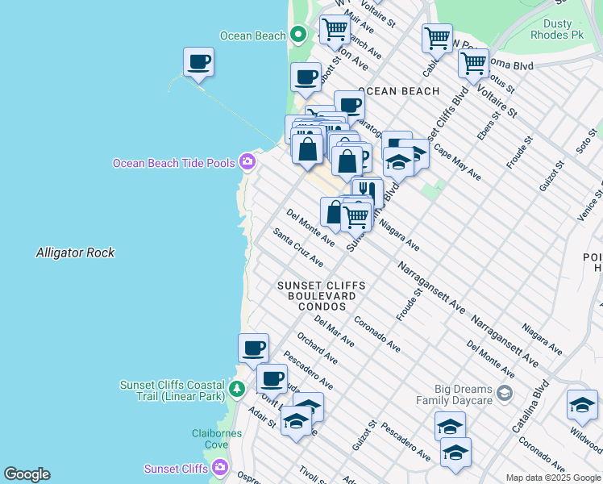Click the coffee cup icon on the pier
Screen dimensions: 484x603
[x=198, y=62]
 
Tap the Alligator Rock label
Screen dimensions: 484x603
[x=75, y=252]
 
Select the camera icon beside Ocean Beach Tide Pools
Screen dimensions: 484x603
[x=247, y=162]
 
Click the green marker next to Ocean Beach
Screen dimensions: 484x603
[x=297, y=35]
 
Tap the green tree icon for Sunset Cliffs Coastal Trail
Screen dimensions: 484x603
[x=236, y=390]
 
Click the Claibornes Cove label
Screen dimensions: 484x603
[x=217, y=439]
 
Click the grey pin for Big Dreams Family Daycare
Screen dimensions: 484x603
[x=505, y=394]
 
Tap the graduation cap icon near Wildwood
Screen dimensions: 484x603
[x=582, y=405]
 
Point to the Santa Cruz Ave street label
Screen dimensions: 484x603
[x=298, y=248]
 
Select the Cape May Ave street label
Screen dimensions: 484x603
[x=457, y=161]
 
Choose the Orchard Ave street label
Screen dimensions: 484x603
[x=317, y=348]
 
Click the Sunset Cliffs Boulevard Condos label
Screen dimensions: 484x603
[x=321, y=296]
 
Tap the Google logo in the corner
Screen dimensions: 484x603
[x=27, y=474]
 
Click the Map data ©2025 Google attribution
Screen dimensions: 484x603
[x=552, y=478]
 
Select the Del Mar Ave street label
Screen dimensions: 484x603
[x=334, y=332]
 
